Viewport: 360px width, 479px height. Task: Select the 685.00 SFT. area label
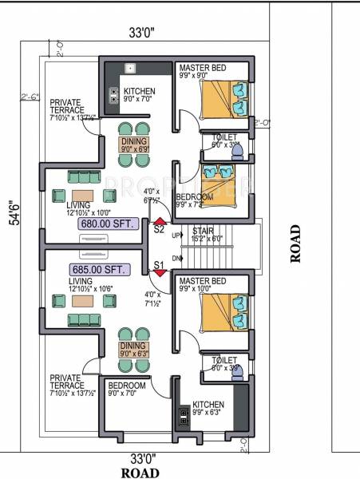point(97,269)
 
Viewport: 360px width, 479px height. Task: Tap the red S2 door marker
point(160,222)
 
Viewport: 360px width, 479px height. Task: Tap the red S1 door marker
point(160,272)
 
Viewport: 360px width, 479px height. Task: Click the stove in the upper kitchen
point(114,96)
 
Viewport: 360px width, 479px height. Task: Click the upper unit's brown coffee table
point(82,196)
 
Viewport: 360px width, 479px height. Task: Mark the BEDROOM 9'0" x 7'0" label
point(127,389)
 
